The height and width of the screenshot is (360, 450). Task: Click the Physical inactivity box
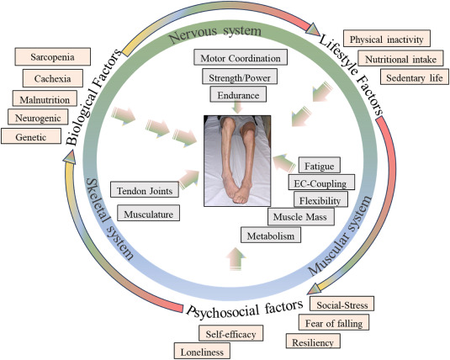click(392, 39)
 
